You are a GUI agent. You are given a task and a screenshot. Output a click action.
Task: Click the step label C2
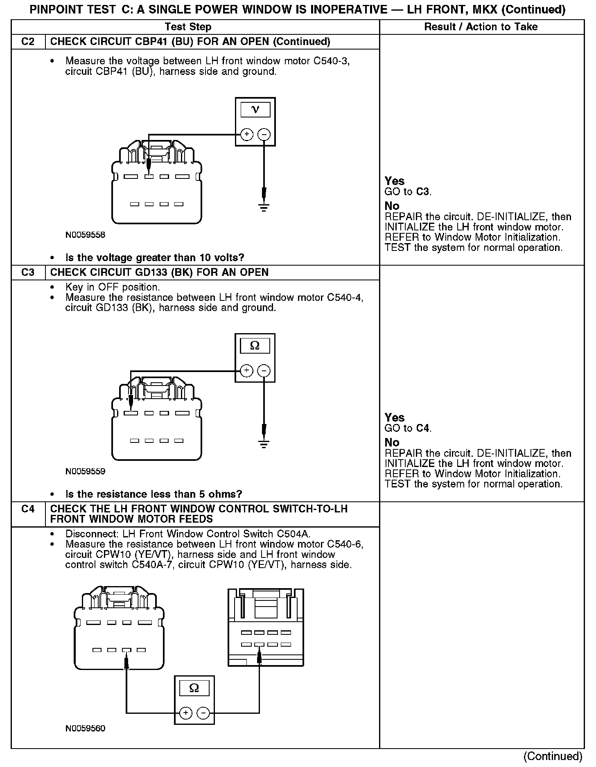(28, 42)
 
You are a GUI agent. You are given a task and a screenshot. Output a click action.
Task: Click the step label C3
(28, 273)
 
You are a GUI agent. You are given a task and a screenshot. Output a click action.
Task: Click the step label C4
(28, 509)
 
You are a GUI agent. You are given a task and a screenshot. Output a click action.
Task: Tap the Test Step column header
(188, 27)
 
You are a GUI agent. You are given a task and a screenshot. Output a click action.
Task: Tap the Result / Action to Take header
(481, 27)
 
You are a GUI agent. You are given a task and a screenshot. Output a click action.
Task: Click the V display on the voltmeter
(255, 110)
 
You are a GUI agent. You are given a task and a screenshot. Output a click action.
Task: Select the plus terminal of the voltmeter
(246, 134)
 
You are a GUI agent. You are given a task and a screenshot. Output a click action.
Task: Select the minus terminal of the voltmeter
(264, 134)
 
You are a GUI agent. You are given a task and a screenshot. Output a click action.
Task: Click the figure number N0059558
(85, 235)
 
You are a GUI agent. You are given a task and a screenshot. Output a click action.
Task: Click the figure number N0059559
(85, 471)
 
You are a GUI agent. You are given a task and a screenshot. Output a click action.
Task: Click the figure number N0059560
(85, 729)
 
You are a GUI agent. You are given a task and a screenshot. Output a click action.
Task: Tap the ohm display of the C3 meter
(255, 346)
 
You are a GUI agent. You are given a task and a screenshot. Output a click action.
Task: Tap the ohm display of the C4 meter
(194, 688)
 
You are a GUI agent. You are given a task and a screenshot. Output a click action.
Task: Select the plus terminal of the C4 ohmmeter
(186, 713)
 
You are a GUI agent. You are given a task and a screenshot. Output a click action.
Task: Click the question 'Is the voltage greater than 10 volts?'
(155, 258)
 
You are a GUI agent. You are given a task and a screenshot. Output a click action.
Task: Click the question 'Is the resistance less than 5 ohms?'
(154, 494)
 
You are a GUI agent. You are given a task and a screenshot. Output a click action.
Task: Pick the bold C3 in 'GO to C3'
(423, 192)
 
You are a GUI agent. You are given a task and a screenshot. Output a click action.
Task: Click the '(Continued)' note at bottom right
(553, 756)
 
